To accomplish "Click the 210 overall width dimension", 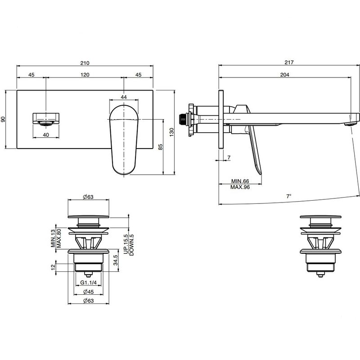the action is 85,63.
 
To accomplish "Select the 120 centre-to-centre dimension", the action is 85,75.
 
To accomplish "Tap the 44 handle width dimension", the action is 124,97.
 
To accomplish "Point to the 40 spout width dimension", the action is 46,135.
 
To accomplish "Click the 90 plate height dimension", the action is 3,119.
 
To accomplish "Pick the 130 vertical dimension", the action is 172,132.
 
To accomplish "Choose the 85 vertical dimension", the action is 161,147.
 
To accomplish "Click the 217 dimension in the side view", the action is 289,62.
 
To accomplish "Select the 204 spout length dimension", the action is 285,75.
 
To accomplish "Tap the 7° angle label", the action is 288,196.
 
